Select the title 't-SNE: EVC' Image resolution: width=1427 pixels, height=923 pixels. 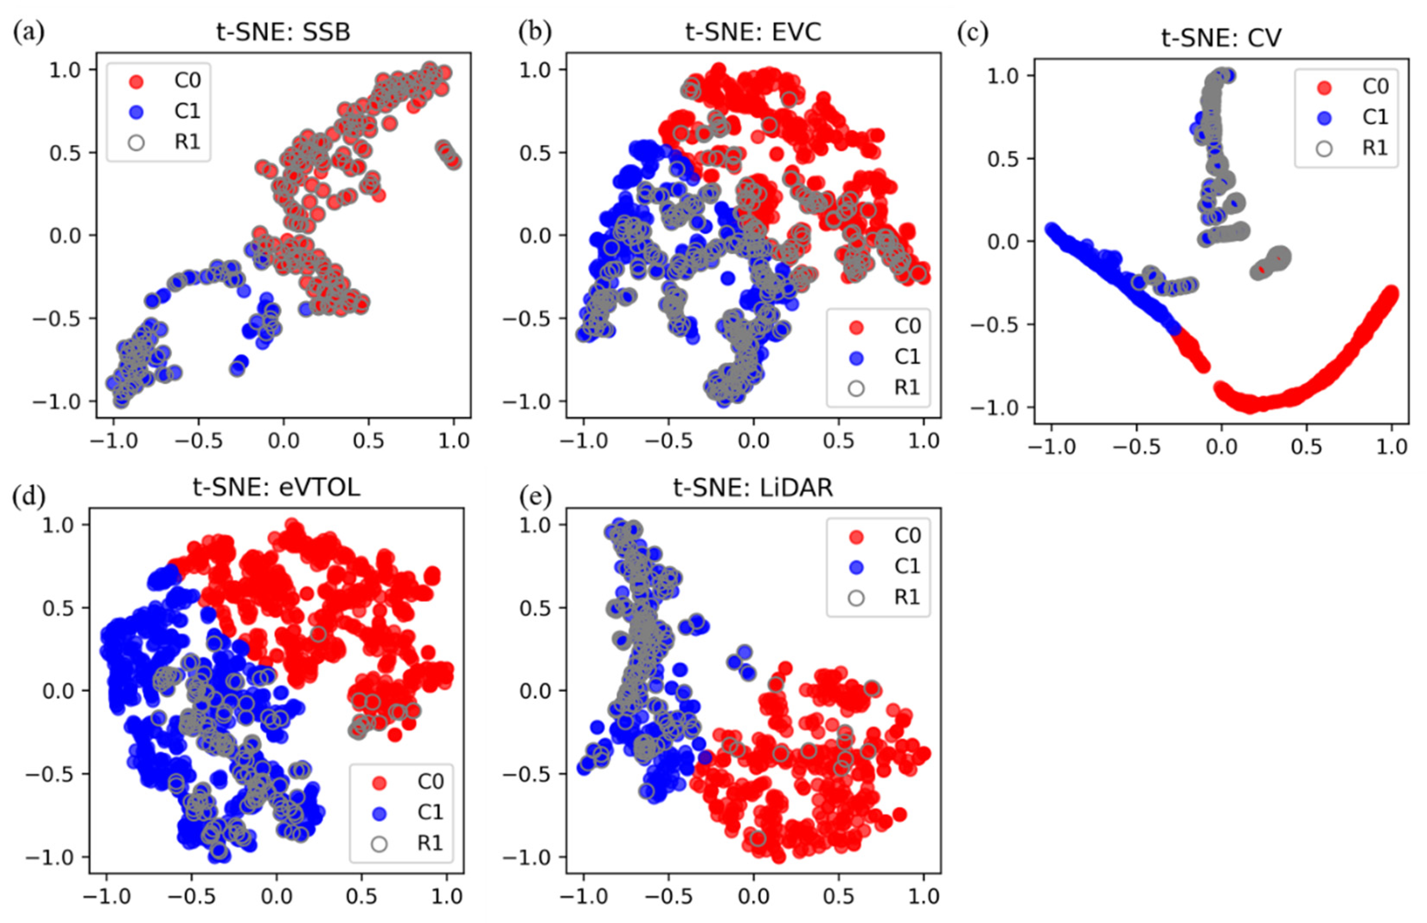(753, 32)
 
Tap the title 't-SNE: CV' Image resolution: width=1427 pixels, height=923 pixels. (1221, 38)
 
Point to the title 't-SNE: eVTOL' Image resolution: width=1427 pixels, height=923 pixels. (276, 487)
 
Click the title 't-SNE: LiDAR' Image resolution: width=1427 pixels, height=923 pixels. (753, 487)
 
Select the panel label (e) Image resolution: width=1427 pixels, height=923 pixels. (534, 496)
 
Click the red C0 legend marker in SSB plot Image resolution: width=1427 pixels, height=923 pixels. (136, 81)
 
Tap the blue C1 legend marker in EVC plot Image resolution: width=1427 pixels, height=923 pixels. (856, 358)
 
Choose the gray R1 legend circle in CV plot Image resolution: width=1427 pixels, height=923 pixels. (1324, 148)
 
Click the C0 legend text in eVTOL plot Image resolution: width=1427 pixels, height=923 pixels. (430, 781)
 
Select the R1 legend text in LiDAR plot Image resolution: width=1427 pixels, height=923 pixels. (907, 597)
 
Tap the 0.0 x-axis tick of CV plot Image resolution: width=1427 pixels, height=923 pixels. (1221, 447)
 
